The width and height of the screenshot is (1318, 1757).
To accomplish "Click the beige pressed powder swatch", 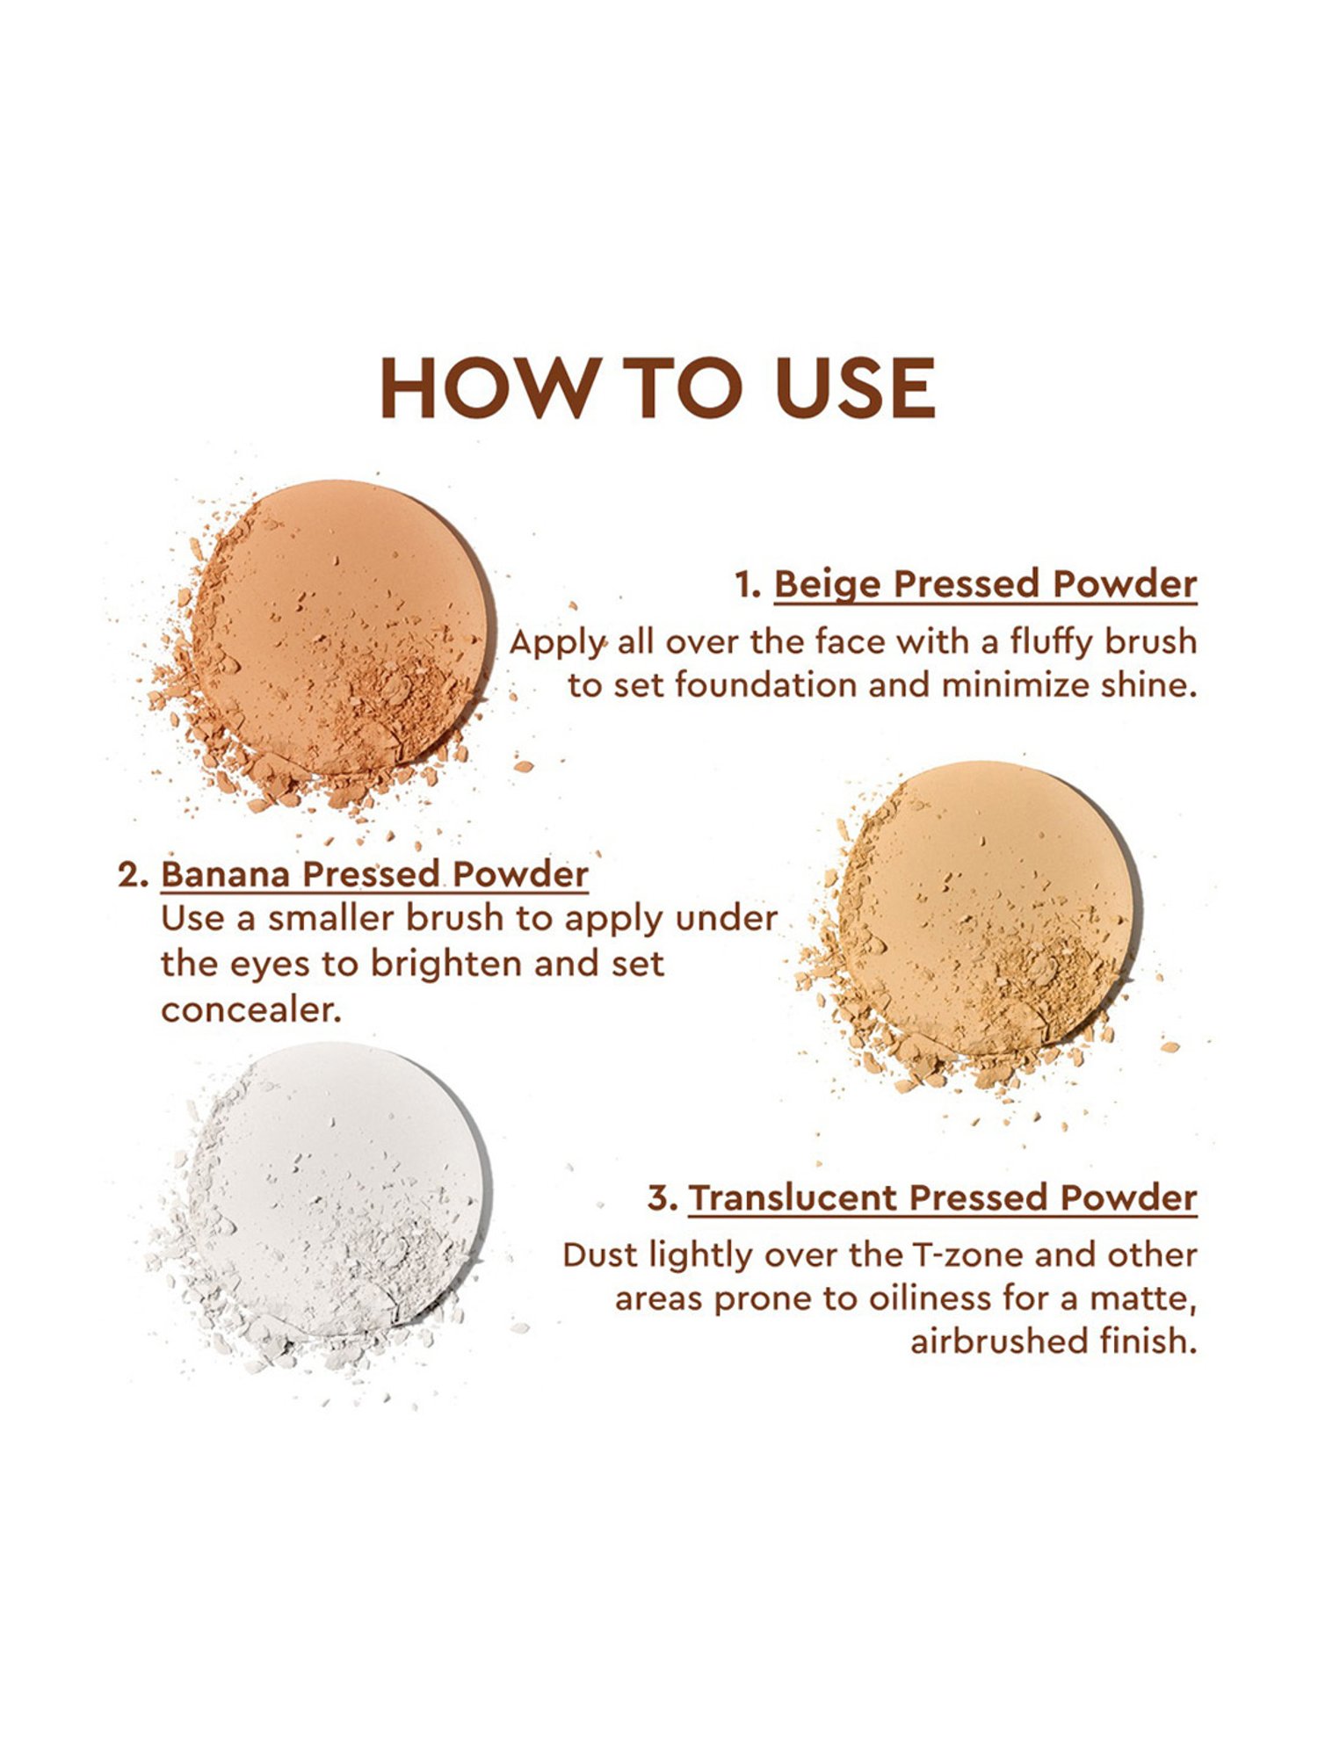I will click(x=338, y=628).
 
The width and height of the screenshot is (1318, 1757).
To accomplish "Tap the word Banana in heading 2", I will click(x=226, y=874).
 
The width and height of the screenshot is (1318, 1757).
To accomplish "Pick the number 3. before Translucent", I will click(x=663, y=1199).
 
